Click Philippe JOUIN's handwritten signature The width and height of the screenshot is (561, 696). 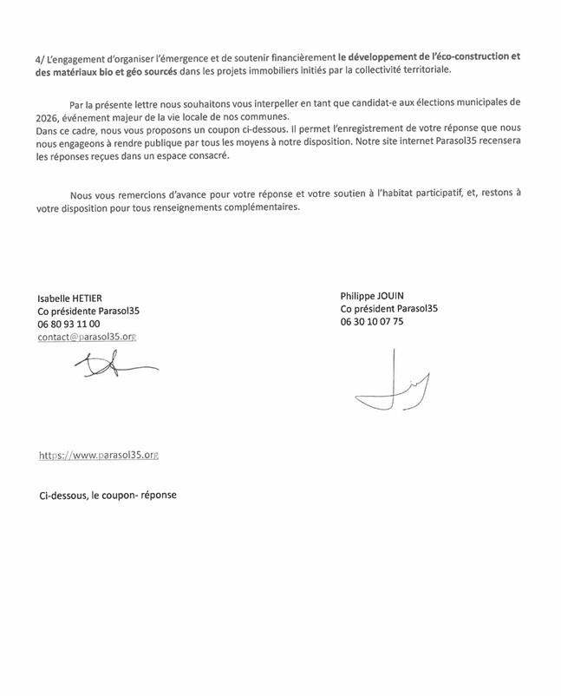pyautogui.click(x=395, y=382)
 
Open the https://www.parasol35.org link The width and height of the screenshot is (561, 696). pyautogui.click(x=98, y=454)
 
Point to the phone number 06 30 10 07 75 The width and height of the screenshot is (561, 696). pyautogui.click(x=373, y=321)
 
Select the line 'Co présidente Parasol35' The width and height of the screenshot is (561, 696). pyautogui.click(x=89, y=309)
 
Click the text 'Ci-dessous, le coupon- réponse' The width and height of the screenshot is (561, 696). pyautogui.click(x=107, y=493)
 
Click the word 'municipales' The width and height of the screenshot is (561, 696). pyautogui.click(x=475, y=102)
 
